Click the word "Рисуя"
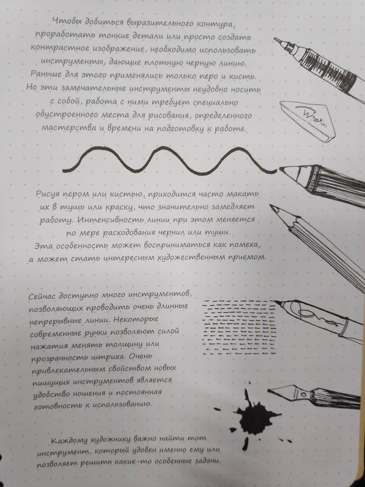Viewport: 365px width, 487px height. pyautogui.click(x=47, y=194)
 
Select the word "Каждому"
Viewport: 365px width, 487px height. pyautogui.click(x=68, y=441)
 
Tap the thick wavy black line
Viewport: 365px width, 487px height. pyautogui.click(x=169, y=160)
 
